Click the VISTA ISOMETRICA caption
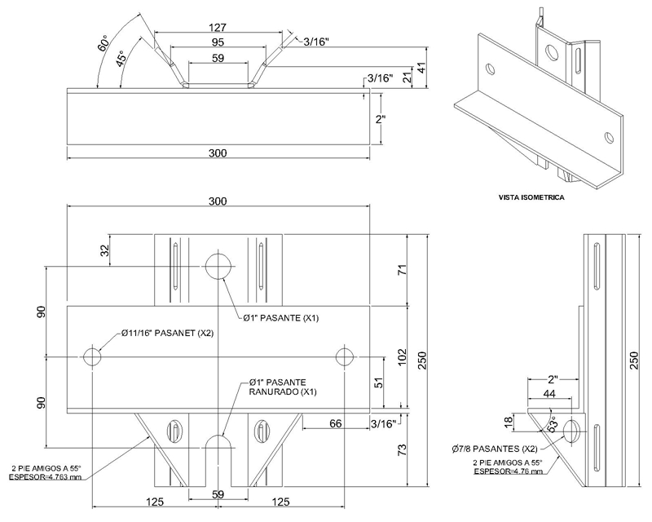coord(531,197)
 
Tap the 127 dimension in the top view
coord(218,28)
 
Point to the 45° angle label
coord(121,58)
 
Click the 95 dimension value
coord(218,42)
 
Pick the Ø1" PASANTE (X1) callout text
coord(281,318)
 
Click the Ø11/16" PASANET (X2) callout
coord(168,333)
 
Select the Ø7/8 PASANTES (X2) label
coord(495,449)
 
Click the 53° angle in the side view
coord(553,424)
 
